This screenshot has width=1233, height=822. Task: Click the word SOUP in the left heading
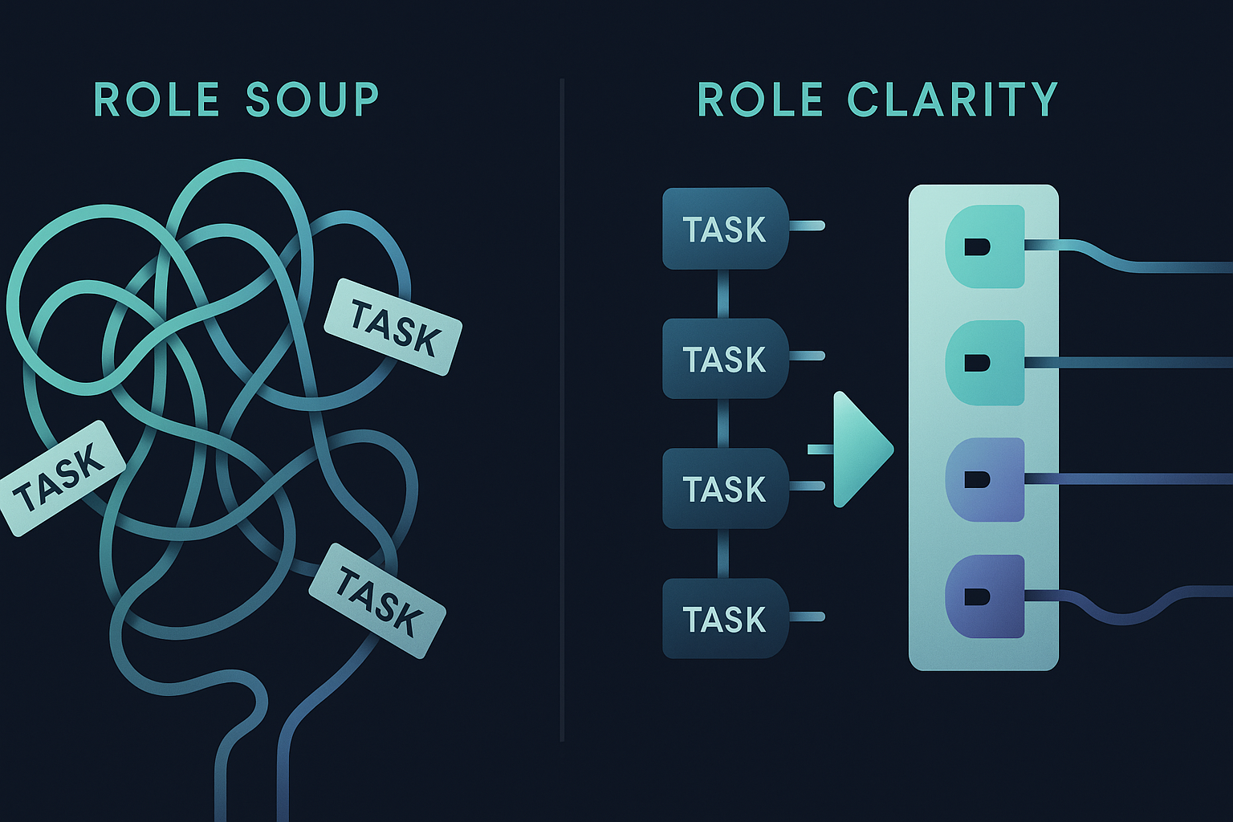pyautogui.click(x=311, y=100)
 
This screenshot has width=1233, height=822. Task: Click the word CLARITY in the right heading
pyautogui.click(x=952, y=100)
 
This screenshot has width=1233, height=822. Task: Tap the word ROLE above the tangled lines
pyautogui.click(x=157, y=100)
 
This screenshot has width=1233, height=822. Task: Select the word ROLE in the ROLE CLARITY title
pyautogui.click(x=759, y=100)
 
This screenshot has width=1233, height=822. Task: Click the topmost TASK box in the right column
pyautogui.click(x=724, y=229)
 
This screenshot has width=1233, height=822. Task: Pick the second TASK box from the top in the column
pyautogui.click(x=724, y=359)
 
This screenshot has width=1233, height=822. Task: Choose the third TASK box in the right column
pyautogui.click(x=724, y=489)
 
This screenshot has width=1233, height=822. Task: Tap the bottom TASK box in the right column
pyautogui.click(x=724, y=619)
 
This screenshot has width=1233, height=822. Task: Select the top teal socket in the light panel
pyautogui.click(x=985, y=246)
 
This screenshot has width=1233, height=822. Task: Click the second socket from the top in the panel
pyautogui.click(x=985, y=363)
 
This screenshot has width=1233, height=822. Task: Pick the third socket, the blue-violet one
pyautogui.click(x=985, y=479)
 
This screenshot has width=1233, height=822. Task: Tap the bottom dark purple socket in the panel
pyautogui.click(x=985, y=596)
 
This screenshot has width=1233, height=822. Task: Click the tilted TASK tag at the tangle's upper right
pyautogui.click(x=393, y=327)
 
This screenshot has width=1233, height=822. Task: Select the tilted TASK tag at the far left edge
pyautogui.click(x=61, y=478)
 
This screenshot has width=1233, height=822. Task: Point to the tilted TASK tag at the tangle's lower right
pyautogui.click(x=377, y=600)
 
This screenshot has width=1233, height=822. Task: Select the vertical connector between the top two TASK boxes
pyautogui.click(x=722, y=294)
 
